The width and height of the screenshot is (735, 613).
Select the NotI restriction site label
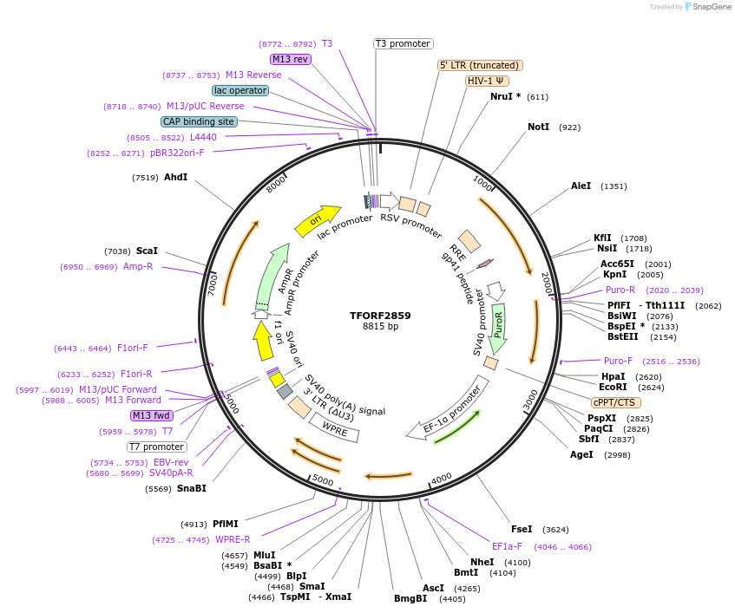tap(538, 127)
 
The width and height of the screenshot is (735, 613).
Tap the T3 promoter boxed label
tap(404, 43)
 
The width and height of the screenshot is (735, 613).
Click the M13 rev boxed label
tap(290, 59)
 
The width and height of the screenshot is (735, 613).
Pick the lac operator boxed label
tap(240, 90)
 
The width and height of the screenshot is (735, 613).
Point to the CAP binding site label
tap(199, 121)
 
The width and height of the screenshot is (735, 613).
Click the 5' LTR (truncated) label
tap(480, 65)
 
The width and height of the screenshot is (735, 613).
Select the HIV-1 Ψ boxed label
tap(486, 81)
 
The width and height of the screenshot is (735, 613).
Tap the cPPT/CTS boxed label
tap(614, 402)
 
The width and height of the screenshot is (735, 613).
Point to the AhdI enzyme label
tap(175, 178)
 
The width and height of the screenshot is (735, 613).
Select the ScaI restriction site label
tap(147, 251)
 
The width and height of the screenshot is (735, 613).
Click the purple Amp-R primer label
tap(137, 266)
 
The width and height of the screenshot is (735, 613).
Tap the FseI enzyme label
tap(522, 529)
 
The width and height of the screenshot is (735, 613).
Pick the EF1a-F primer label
tap(507, 546)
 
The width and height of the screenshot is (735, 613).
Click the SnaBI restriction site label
tap(192, 488)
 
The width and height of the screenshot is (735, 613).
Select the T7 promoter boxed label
tap(156, 447)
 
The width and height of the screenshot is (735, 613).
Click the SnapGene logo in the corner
tap(708, 7)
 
